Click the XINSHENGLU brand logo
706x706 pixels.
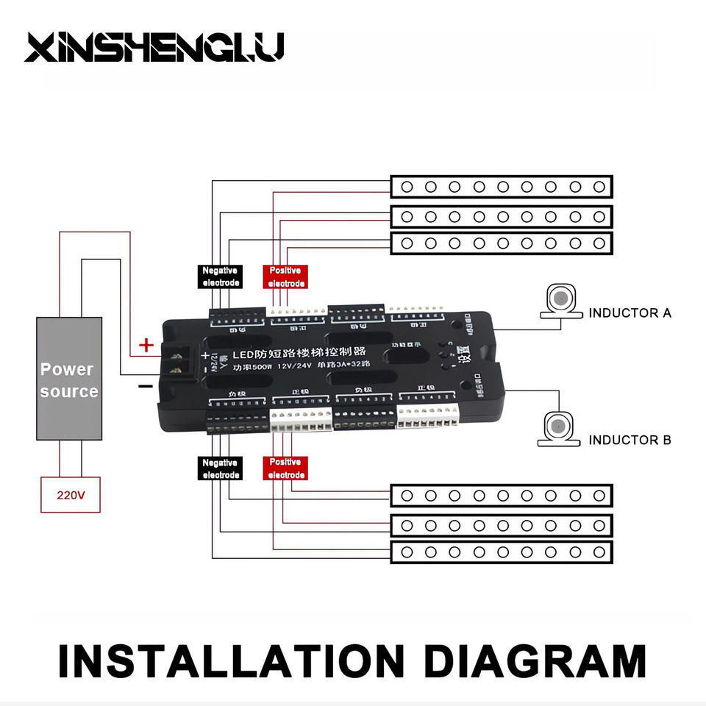click(154, 48)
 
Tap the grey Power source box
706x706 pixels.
click(69, 379)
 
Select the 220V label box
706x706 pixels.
click(71, 495)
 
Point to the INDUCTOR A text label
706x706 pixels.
click(630, 313)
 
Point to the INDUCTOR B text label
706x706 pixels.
click(630, 440)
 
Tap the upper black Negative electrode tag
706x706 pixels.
click(221, 277)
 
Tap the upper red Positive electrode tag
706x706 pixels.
click(285, 277)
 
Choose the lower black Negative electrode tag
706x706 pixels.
click(221, 468)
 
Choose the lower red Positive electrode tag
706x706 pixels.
click(285, 468)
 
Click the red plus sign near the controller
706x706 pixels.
click(147, 344)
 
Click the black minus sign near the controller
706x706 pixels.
click(146, 385)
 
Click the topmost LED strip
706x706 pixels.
click(501, 187)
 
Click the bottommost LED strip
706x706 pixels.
click(501, 552)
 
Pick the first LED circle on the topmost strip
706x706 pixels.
click(407, 187)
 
